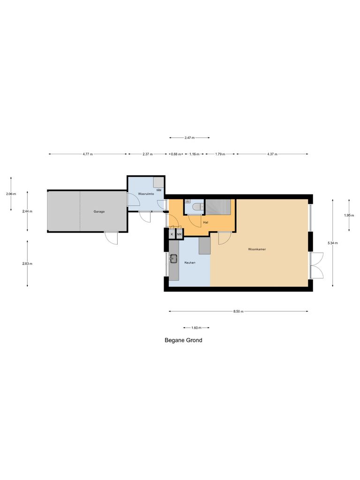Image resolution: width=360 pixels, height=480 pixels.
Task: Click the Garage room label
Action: tap(99, 211)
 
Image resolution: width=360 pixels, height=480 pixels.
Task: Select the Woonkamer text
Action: tap(257, 249)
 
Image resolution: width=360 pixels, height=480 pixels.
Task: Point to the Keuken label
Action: tap(189, 262)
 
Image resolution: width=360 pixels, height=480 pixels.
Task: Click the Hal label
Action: tap(205, 222)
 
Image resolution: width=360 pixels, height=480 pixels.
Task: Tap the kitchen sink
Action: tap(174, 258)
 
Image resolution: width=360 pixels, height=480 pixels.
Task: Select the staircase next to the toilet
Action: tap(219, 207)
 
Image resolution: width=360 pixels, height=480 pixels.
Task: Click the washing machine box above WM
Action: tap(159, 182)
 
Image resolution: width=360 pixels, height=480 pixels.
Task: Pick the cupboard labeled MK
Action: tap(179, 233)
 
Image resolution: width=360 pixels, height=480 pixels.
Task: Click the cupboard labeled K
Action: tap(172, 233)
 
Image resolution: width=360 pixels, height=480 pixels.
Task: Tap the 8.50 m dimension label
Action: tap(239, 311)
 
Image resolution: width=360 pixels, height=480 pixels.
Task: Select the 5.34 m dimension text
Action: tap(333, 243)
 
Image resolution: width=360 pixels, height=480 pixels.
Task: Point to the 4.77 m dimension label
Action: tap(88, 154)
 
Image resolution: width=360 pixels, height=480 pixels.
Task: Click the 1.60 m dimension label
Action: tap(196, 328)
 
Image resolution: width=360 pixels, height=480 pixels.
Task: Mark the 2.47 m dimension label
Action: tap(189, 138)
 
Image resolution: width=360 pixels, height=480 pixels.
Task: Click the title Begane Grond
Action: tap(183, 340)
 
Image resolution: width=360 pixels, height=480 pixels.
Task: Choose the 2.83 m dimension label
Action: tap(27, 263)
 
